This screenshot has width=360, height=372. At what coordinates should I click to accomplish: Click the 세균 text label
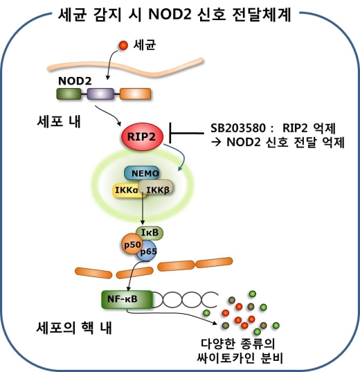click(x=144, y=46)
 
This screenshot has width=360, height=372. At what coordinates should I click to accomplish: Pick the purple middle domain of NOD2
click(x=100, y=94)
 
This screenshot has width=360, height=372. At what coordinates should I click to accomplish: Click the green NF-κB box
click(x=124, y=299)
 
